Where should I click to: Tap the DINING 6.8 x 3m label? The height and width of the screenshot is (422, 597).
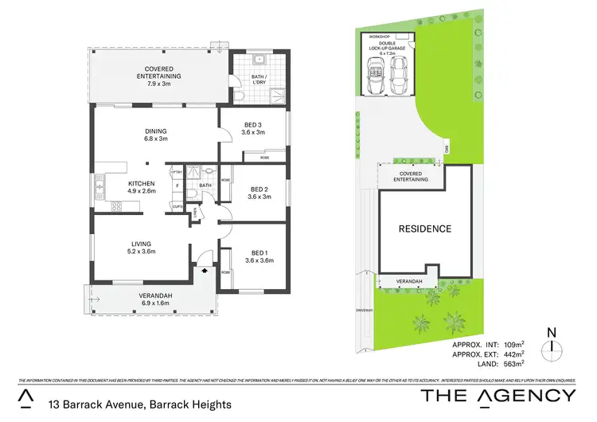(155, 135)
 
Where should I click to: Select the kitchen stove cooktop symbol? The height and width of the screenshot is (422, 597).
(116, 207)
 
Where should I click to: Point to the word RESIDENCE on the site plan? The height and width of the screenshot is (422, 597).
(425, 229)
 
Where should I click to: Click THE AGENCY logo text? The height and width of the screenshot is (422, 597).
(497, 396)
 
